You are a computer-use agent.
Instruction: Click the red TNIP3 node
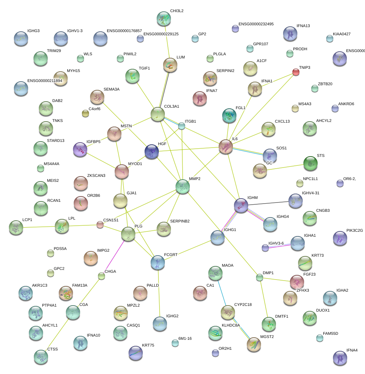296,72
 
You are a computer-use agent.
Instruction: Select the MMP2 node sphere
182,186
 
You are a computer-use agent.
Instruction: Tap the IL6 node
225,147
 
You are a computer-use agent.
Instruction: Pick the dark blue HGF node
152,152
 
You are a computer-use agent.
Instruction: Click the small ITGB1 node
182,126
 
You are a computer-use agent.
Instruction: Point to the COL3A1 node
157,114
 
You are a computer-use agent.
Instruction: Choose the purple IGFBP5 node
80,149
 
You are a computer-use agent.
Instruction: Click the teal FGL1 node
229,116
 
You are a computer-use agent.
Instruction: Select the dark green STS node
311,163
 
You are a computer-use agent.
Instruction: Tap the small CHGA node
101,276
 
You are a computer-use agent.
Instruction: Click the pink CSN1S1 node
100,225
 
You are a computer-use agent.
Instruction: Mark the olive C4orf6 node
85,113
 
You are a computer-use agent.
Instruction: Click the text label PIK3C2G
355,230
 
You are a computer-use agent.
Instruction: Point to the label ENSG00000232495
256,24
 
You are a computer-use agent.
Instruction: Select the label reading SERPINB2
180,221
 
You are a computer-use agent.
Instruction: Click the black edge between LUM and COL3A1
165,90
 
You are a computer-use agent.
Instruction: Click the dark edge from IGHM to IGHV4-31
268,203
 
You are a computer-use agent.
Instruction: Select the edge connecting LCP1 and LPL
39,227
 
